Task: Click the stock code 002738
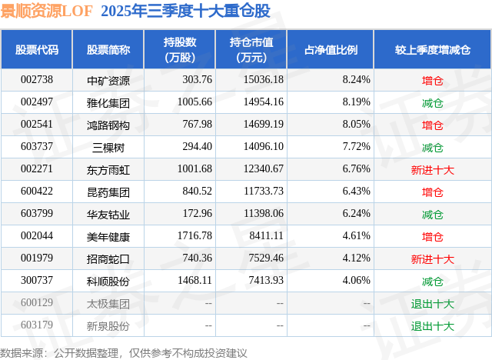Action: click(37, 79)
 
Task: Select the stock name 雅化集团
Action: click(108, 102)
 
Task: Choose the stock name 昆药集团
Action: click(108, 192)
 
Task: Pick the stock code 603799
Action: click(37, 214)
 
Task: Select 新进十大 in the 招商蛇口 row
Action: click(432, 259)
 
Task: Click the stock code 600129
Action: click(37, 304)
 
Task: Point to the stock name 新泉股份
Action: click(108, 326)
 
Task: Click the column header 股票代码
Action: click(37, 50)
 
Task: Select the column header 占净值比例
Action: click(336, 50)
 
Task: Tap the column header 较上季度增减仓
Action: click(432, 50)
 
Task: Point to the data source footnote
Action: click(124, 352)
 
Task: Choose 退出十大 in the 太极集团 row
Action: click(432, 304)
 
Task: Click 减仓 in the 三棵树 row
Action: click(432, 147)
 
